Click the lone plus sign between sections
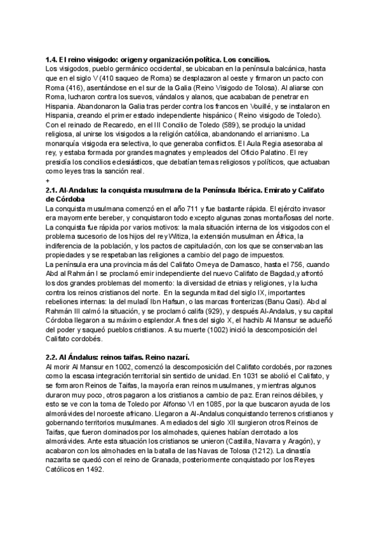48,181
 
